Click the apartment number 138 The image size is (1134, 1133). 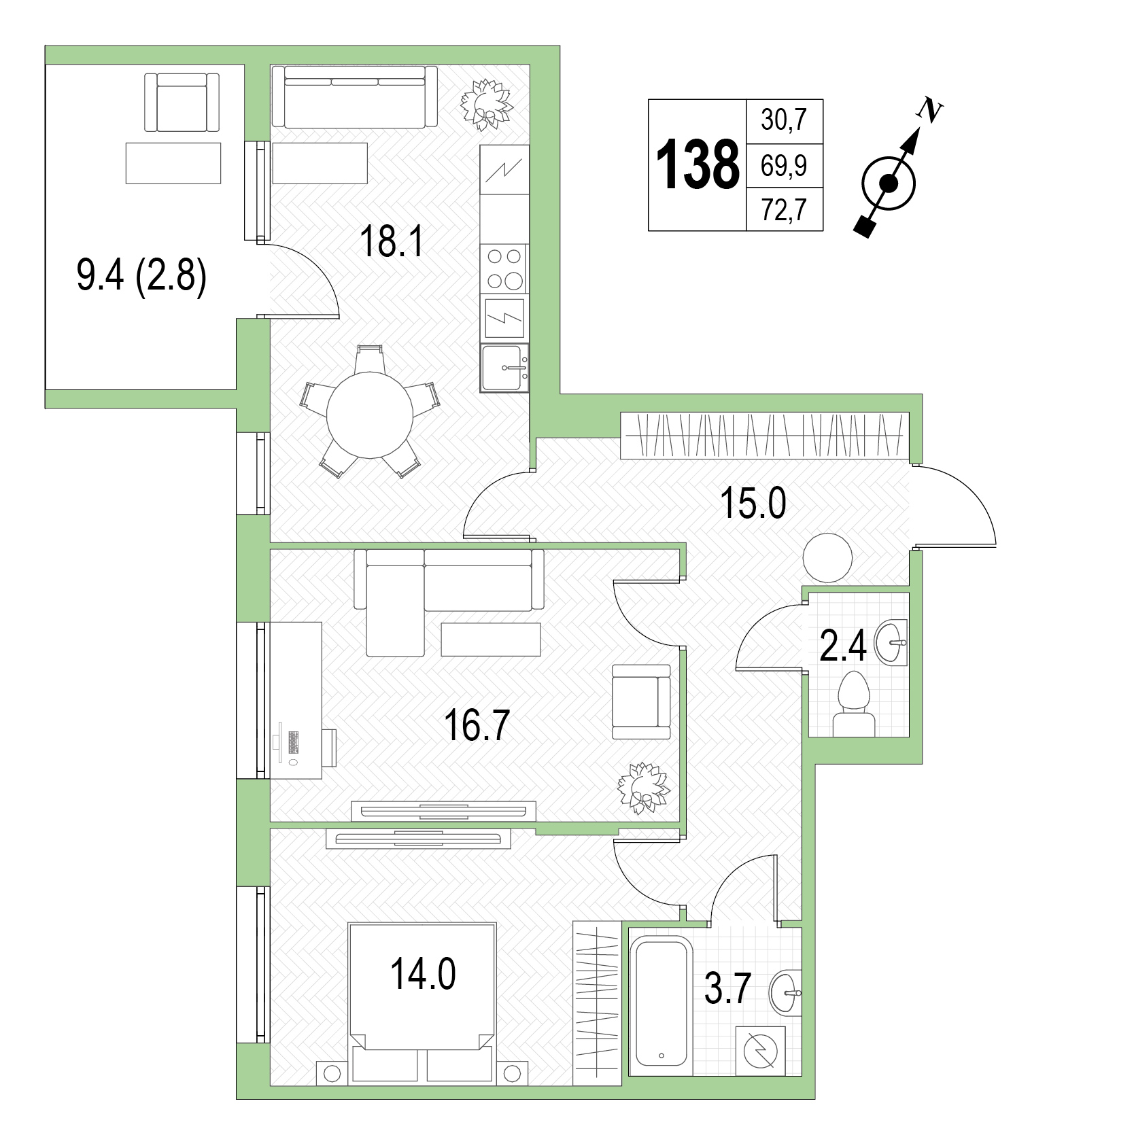(698, 164)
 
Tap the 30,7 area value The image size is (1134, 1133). (784, 121)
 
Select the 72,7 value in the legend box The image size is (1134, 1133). (784, 210)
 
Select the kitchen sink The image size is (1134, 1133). (504, 368)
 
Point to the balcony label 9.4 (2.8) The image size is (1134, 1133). (141, 278)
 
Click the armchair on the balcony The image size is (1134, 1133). (182, 103)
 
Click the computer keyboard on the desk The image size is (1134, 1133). (294, 741)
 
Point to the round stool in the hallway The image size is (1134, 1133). (827, 557)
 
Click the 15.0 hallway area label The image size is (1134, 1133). (753, 505)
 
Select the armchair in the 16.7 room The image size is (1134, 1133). (641, 702)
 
